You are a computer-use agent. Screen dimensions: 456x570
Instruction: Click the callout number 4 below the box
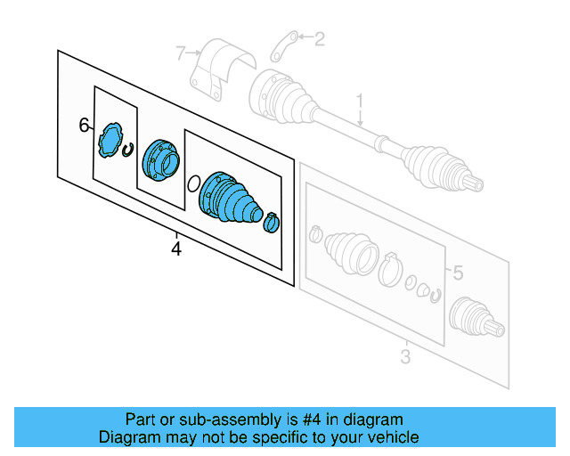[176, 249]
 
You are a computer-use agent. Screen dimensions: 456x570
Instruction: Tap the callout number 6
[85, 126]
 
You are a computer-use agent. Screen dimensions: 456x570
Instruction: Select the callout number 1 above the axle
[361, 102]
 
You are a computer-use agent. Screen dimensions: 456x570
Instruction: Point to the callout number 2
[320, 37]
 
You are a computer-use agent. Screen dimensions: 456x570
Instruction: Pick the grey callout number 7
[181, 54]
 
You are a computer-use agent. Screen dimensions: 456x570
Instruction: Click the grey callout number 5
[457, 273]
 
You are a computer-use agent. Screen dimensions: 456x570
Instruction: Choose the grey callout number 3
[405, 357]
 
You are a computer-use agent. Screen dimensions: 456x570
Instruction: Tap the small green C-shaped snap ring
[128, 151]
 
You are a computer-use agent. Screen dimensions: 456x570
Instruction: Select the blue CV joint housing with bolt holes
[160, 159]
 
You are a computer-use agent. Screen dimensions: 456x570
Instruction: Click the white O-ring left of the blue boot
[192, 184]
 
